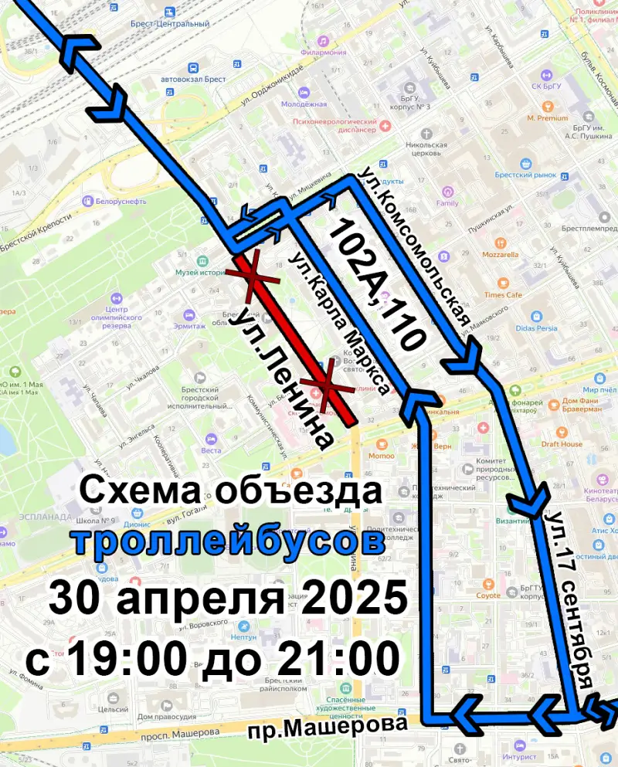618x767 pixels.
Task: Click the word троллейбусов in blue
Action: [x=230, y=541]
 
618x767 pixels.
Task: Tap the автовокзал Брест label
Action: [x=193, y=80]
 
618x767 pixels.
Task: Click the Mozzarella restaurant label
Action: [x=500, y=254]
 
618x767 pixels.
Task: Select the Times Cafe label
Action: [x=504, y=295]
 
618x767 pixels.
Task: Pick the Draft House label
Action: [x=562, y=444]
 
